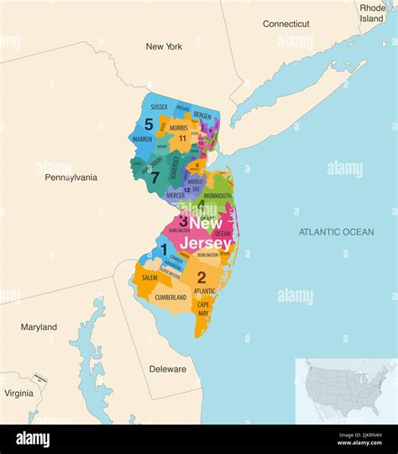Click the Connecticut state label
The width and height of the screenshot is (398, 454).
[x=285, y=24]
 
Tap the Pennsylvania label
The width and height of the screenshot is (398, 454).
[x=71, y=177]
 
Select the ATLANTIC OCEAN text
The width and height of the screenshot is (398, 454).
[x=336, y=231]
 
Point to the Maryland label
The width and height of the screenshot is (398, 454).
[x=39, y=327]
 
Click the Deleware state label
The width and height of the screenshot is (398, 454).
[x=167, y=368]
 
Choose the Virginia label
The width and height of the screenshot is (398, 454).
[x=18, y=393]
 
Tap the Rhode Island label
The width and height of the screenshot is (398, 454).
[x=372, y=12]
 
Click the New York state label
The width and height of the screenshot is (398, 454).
[x=164, y=47]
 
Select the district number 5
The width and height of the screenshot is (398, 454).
[x=149, y=124]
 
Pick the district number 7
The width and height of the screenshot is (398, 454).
[x=154, y=177]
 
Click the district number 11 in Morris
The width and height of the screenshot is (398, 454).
[x=182, y=138]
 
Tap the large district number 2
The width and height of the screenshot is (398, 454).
[x=202, y=277]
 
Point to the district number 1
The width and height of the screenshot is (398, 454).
[x=164, y=249]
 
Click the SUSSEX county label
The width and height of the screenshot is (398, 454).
[x=159, y=108]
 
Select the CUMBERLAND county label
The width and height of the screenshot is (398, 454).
[x=170, y=298]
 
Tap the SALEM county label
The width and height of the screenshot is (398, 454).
[x=149, y=277]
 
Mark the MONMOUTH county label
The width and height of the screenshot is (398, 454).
[x=217, y=195]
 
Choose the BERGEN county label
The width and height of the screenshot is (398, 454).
[x=202, y=114]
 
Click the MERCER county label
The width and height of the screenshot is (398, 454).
[x=175, y=195]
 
